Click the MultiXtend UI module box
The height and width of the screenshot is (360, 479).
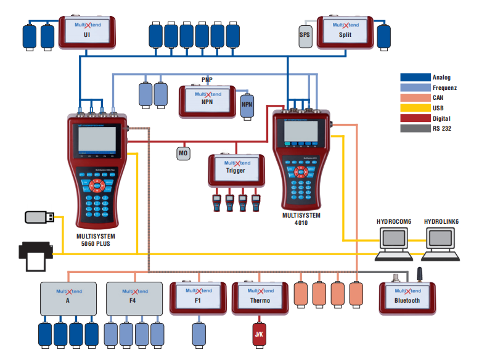(87, 32)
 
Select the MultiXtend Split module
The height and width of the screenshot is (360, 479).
(345, 32)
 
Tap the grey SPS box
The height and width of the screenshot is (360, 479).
(305, 35)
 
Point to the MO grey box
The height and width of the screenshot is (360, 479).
(183, 153)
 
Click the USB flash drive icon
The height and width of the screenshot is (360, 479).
(39, 217)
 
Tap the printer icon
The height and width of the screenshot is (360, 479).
(35, 253)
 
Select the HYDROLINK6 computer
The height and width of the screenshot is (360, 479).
(441, 241)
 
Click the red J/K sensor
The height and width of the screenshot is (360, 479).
(258, 334)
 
